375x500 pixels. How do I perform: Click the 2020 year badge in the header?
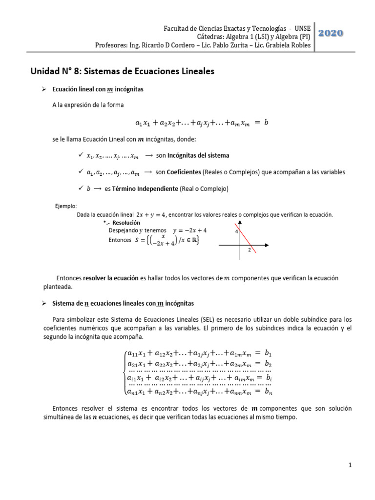[x=331, y=33]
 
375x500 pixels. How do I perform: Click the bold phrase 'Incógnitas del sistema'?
[x=198, y=155]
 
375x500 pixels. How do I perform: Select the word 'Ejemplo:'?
[x=66, y=206]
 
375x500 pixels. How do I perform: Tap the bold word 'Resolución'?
[x=120, y=222]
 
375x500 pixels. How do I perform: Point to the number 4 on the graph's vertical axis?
[x=236, y=231]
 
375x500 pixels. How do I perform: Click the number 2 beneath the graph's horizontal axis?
[x=249, y=250]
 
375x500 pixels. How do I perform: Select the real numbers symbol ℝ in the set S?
[x=194, y=240]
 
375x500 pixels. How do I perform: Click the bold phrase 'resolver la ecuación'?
[x=111, y=278]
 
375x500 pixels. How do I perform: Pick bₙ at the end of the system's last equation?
[x=268, y=391]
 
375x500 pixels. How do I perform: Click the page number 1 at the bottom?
[x=350, y=466]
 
